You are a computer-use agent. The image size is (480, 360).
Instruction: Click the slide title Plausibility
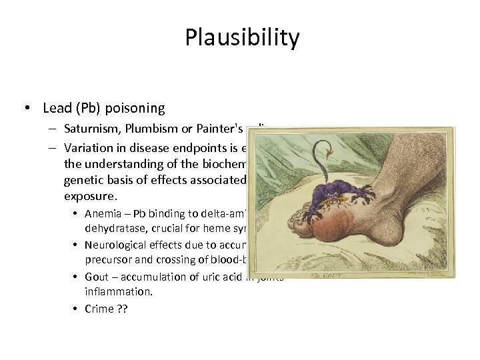(243, 38)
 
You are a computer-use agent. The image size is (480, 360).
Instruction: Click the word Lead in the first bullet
(55, 108)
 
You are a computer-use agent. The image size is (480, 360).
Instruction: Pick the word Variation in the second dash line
(89, 145)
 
